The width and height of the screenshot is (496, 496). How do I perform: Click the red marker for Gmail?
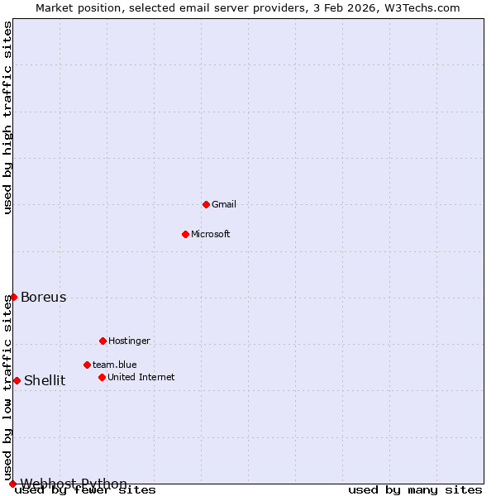click(206, 204)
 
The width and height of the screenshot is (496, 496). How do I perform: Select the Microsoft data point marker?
click(185, 234)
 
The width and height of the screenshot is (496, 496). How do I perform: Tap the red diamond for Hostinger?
click(103, 341)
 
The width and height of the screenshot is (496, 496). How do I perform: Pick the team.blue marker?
click(87, 365)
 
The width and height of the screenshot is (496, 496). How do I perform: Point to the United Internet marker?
click(102, 377)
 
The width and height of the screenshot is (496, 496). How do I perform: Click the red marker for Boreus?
click(13, 297)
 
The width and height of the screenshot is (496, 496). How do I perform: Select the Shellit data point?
click(17, 380)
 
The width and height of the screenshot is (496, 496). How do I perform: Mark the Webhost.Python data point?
click(12, 484)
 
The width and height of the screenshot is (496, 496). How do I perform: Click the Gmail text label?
click(224, 204)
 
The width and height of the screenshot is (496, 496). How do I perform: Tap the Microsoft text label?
click(211, 234)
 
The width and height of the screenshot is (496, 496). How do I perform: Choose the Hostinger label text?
click(129, 341)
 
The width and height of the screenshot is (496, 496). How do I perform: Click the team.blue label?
click(115, 365)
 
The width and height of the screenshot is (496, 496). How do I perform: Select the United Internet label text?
click(141, 377)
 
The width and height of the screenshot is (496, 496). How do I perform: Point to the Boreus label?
click(44, 298)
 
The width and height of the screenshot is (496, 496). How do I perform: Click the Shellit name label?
click(45, 381)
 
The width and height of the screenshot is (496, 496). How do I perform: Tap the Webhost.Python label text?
click(74, 484)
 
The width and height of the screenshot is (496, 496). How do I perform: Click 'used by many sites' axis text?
click(415, 490)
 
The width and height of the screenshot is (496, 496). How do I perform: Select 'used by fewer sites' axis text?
click(85, 490)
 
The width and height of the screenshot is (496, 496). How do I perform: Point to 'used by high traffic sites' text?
click(8, 117)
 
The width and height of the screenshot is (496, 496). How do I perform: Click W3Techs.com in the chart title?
click(421, 7)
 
